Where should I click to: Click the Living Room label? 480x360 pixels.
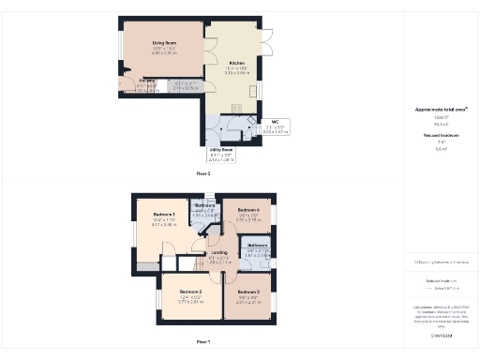click(x=165, y=42)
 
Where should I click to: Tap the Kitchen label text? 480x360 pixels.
click(x=236, y=63)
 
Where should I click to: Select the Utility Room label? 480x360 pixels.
click(x=221, y=149)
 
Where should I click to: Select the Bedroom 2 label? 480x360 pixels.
click(x=191, y=292)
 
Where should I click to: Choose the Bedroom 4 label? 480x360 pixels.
click(x=247, y=209)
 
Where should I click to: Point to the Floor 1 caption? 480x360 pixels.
click(x=202, y=340)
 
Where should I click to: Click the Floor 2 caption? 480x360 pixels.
click(x=202, y=173)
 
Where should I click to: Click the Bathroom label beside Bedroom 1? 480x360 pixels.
click(x=204, y=205)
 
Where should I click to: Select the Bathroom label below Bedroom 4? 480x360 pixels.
click(x=258, y=245)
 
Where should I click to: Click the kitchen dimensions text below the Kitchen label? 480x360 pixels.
click(x=236, y=70)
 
